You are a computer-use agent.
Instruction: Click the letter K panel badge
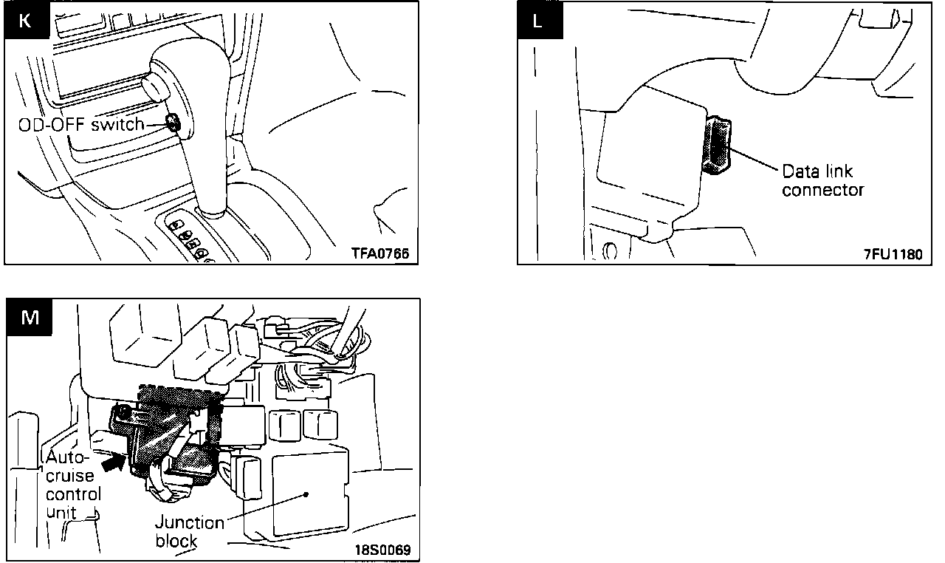click(x=24, y=21)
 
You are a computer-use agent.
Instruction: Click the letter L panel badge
click(x=537, y=21)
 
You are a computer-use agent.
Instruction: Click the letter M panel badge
click(x=30, y=318)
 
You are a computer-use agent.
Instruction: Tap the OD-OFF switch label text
click(x=81, y=124)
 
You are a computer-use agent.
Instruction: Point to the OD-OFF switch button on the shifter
click(x=174, y=123)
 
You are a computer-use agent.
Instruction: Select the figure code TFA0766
click(x=379, y=254)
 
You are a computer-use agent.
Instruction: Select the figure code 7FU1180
click(x=893, y=254)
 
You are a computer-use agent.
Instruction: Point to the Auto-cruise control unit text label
click(x=73, y=485)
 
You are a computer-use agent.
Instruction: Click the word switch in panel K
click(x=117, y=124)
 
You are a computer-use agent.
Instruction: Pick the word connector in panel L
click(x=822, y=190)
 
